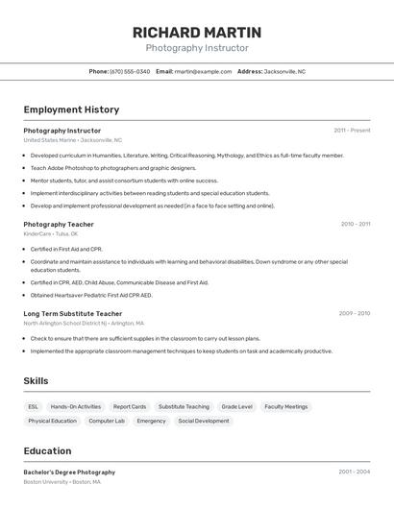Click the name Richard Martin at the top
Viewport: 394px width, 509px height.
[x=197, y=33]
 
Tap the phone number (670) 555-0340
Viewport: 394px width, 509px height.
[x=130, y=71]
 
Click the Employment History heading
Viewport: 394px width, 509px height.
[x=71, y=109]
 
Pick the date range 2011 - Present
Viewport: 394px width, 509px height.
[x=352, y=131]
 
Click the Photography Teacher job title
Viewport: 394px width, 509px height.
[x=59, y=224]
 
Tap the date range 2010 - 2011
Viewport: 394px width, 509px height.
[x=355, y=224]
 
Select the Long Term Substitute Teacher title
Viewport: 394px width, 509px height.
[x=73, y=313]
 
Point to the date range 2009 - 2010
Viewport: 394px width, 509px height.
[x=355, y=313]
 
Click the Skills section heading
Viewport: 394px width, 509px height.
[x=36, y=381]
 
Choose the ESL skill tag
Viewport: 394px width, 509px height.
[x=34, y=406]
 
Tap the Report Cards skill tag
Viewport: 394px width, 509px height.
[x=130, y=406]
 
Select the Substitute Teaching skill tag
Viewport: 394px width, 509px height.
[x=184, y=406]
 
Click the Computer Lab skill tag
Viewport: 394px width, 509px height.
[x=107, y=421]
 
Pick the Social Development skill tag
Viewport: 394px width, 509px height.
[x=204, y=421]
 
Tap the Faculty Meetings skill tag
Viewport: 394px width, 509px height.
[x=286, y=406]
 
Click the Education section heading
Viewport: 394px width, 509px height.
[x=47, y=451]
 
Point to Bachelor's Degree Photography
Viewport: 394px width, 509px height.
[x=69, y=473]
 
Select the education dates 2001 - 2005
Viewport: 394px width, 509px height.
[x=355, y=473]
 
